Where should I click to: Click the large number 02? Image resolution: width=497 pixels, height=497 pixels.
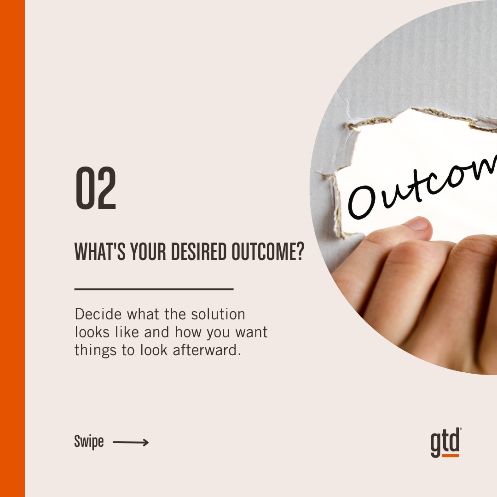tap(96, 188)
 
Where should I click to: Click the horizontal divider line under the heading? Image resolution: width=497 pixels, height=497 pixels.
tap(154, 289)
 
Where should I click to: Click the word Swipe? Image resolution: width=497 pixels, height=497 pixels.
tap(89, 443)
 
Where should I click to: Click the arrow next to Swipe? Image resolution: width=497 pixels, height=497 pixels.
tap(131, 443)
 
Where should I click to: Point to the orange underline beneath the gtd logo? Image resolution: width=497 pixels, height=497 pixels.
tap(445, 456)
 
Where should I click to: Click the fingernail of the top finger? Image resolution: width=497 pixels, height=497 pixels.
tap(417, 224)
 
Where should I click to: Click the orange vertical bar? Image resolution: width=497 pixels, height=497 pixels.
tap(12, 248)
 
